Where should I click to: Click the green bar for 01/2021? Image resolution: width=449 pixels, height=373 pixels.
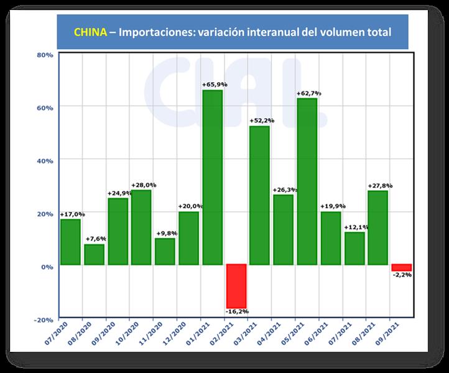pos(212,178)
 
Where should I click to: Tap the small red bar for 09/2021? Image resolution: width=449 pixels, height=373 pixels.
pos(401,268)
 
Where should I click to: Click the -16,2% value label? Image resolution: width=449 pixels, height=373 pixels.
pos(236,311)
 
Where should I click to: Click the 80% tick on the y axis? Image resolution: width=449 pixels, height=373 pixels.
pos(45,55)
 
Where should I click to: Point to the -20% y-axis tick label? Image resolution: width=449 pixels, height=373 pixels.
pos(44,320)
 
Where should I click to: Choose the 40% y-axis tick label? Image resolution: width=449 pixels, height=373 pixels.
pos(45,160)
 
